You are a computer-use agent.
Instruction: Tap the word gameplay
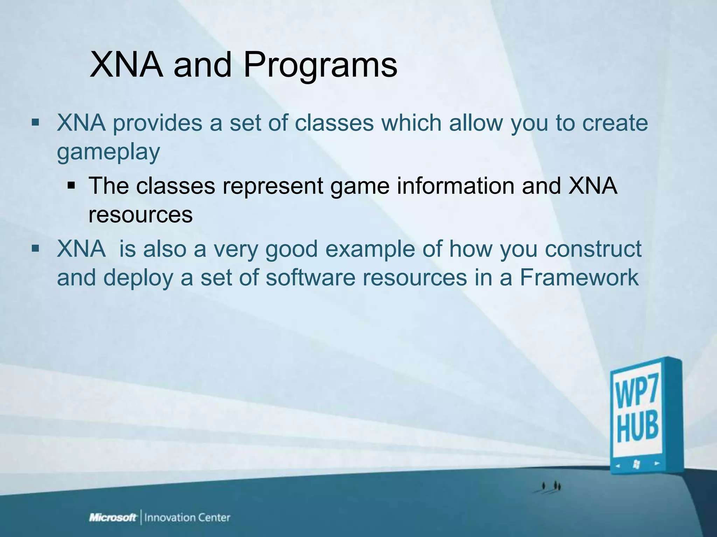108,152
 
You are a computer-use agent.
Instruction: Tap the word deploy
138,278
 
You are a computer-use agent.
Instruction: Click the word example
370,249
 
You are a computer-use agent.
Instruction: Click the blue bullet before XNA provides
35,123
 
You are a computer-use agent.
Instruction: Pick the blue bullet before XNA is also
35,249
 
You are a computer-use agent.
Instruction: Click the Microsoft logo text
113,518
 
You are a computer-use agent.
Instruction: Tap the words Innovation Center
187,518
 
